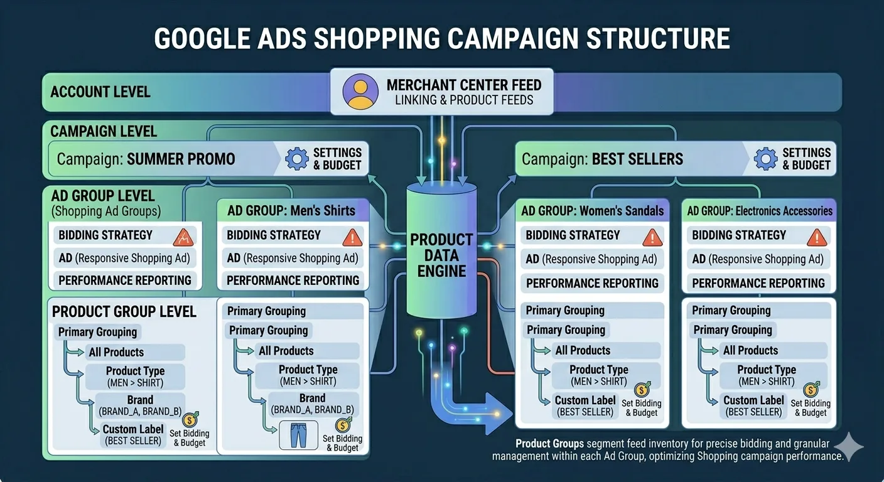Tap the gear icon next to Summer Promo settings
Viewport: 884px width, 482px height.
click(x=296, y=158)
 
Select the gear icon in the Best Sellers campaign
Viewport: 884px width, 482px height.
click(x=765, y=158)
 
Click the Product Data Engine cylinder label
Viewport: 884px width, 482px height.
click(x=441, y=255)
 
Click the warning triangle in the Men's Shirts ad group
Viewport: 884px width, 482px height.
click(x=352, y=237)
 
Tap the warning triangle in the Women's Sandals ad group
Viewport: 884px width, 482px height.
click(x=653, y=237)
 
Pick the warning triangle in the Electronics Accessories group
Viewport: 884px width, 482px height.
click(x=816, y=237)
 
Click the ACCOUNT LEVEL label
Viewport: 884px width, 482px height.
click(x=100, y=92)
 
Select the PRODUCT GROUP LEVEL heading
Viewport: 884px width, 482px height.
click(x=124, y=312)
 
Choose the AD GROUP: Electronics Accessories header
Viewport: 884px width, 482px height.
click(x=760, y=211)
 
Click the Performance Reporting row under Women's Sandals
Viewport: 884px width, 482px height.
click(x=592, y=283)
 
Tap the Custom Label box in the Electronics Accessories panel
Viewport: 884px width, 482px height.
click(x=753, y=405)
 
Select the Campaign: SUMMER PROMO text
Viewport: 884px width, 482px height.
click(x=146, y=159)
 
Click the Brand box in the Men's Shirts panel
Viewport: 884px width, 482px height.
click(x=312, y=404)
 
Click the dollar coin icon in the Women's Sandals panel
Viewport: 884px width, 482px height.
click(x=642, y=390)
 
